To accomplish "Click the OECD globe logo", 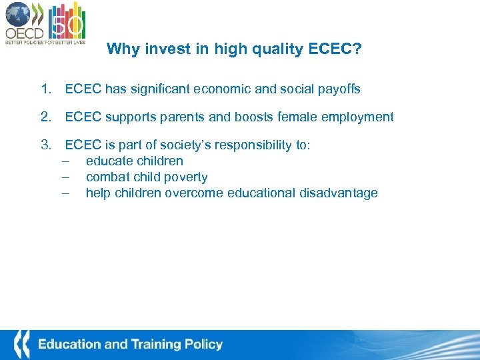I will [18, 15].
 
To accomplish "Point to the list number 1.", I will [45, 89].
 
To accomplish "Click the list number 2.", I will [45, 117].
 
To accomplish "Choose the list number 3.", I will [45, 145].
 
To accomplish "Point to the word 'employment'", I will [359, 117].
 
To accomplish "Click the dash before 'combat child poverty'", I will [66, 177].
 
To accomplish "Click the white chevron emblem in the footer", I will [21, 345].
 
